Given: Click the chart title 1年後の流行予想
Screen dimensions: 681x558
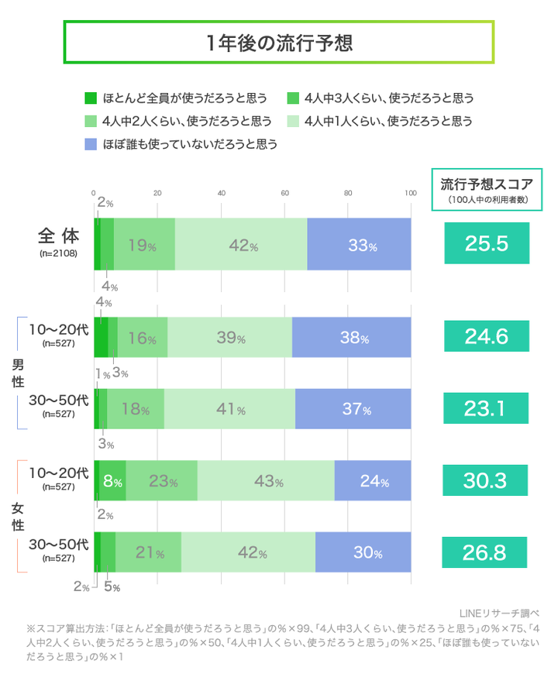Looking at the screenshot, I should pos(278,43).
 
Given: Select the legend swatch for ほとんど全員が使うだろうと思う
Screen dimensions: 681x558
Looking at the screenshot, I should pos(90,98).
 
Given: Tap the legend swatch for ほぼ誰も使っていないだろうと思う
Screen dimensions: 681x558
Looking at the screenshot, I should pos(90,144).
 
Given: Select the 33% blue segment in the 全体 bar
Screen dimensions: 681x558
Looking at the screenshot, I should pos(359,245).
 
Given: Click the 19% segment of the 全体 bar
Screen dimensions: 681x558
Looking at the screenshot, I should pos(144,245).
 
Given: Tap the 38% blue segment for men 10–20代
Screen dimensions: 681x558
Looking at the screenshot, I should pos(351,337).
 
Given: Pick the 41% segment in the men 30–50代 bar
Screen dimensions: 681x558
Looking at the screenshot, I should pos(229,408).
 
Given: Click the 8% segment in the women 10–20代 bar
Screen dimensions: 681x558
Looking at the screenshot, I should pos(112,480).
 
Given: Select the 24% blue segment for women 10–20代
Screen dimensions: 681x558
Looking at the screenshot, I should pos(373,480).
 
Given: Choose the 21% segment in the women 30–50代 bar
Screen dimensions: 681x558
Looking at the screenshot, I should pos(148,552).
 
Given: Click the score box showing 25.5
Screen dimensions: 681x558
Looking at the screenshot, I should pos(486,244).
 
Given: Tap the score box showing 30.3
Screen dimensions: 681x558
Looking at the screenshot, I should pos(486,480).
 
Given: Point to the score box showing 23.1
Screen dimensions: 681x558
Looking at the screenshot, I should pos(486,408).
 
